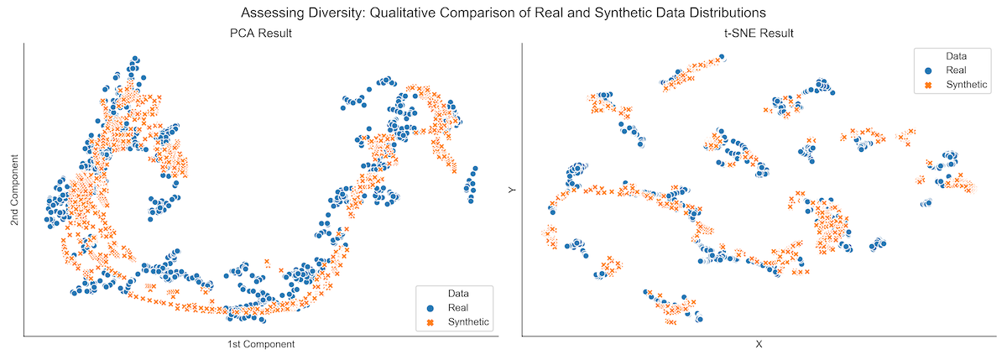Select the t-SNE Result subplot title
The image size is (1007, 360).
[759, 34]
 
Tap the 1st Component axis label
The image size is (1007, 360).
[261, 345]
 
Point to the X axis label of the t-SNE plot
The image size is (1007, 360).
[759, 345]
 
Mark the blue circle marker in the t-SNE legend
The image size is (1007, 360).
[929, 70]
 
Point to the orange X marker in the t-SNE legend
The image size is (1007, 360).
[929, 85]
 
